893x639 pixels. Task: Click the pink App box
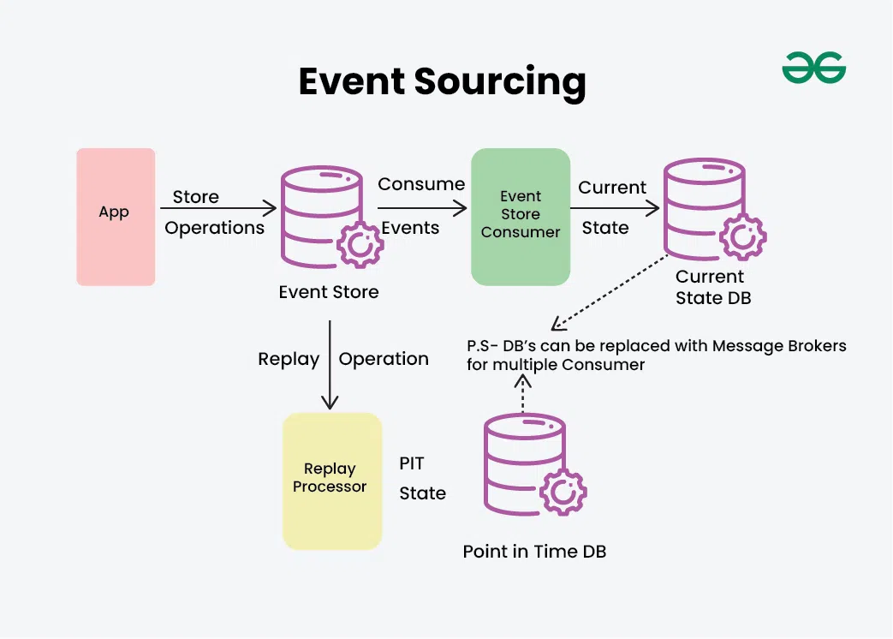click(116, 217)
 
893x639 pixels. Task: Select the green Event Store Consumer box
click(521, 217)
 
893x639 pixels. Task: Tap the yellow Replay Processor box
click(332, 481)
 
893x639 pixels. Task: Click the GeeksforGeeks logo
click(813, 68)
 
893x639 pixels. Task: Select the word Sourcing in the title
click(500, 82)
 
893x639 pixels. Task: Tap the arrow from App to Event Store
click(217, 208)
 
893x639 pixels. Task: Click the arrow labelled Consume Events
click(422, 208)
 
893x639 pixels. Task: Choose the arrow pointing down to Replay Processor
click(329, 364)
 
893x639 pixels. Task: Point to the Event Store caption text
click(329, 292)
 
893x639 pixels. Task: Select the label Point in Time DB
click(534, 552)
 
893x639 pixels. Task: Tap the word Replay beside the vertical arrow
click(289, 360)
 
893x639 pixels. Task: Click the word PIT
click(412, 463)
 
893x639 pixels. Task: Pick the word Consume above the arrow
click(421, 184)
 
